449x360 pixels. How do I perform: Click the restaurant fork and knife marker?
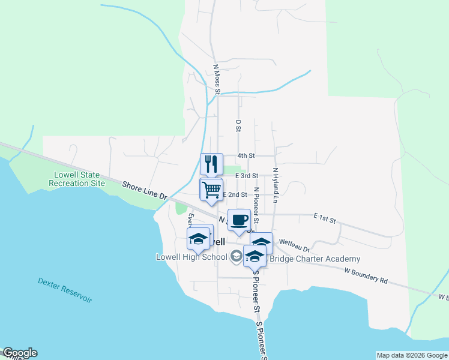click(x=211, y=164)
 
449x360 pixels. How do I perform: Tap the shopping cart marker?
click(x=211, y=190)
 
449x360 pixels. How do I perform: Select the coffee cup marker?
click(x=239, y=220)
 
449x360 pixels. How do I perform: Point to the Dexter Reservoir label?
click(x=65, y=290)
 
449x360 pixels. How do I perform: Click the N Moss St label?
click(x=217, y=79)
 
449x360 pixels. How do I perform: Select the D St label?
click(x=238, y=125)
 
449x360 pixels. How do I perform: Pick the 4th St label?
click(x=246, y=155)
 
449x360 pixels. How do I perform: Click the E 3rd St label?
click(x=246, y=176)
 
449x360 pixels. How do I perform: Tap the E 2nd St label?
click(x=235, y=195)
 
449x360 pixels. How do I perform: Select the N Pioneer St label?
click(x=256, y=205)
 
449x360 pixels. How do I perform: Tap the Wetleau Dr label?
click(x=294, y=245)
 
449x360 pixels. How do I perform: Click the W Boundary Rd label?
click(x=366, y=275)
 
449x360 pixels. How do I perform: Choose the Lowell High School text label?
click(x=191, y=257)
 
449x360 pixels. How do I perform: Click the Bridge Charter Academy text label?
click(x=315, y=259)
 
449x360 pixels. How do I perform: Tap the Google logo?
click(x=20, y=353)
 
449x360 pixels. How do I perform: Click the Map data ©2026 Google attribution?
click(x=412, y=355)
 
